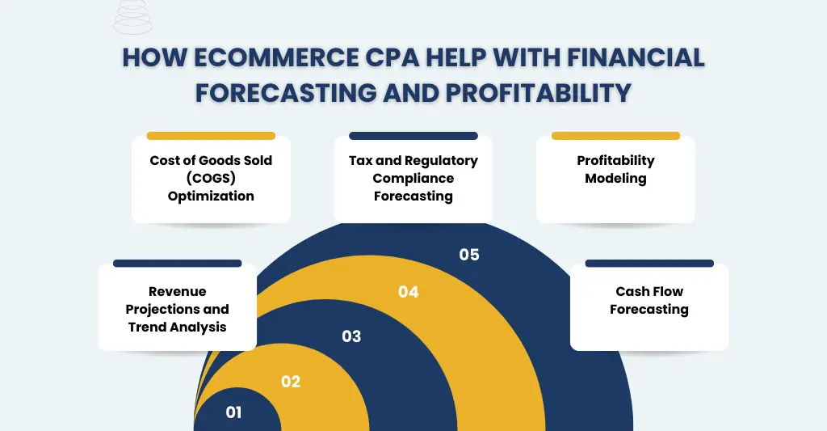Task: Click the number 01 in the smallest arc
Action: pos(233,412)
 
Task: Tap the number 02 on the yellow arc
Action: pos(291,382)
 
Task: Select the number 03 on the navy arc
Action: pos(351,336)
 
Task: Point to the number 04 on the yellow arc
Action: pos(409,292)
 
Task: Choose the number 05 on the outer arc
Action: pos(469,255)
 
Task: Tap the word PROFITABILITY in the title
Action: pos(537,92)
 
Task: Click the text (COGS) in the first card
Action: pos(211,178)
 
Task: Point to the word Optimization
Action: pos(211,196)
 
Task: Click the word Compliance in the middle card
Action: pos(413,178)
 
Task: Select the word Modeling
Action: pos(615,178)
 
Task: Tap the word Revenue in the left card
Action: pos(178,291)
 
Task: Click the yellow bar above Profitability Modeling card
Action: pos(615,136)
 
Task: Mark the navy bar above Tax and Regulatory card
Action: pos(413,136)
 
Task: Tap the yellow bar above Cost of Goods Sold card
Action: pos(211,136)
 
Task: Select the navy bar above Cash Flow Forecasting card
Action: pos(649,264)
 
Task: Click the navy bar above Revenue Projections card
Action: pos(178,264)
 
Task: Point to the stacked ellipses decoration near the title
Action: pos(132,17)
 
